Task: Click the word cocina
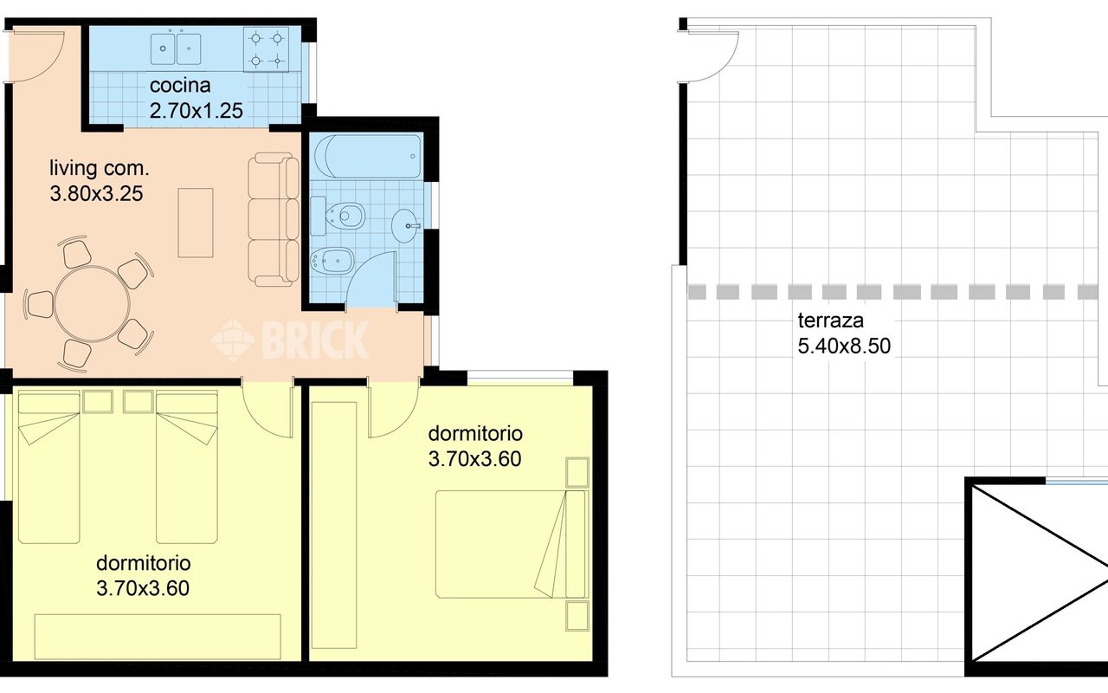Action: (180, 85)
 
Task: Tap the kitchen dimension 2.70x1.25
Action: (196, 110)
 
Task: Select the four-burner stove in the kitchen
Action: (266, 49)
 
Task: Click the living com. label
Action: (99, 168)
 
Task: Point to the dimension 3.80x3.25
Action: (96, 193)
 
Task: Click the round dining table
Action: (93, 303)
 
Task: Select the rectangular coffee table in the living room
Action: (196, 223)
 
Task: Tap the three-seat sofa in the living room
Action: (274, 219)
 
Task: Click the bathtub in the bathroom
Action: (368, 156)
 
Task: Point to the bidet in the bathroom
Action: (332, 260)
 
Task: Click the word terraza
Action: (830, 321)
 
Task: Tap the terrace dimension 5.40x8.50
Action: (844, 346)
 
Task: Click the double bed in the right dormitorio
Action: (510, 544)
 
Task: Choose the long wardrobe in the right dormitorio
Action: (334, 525)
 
